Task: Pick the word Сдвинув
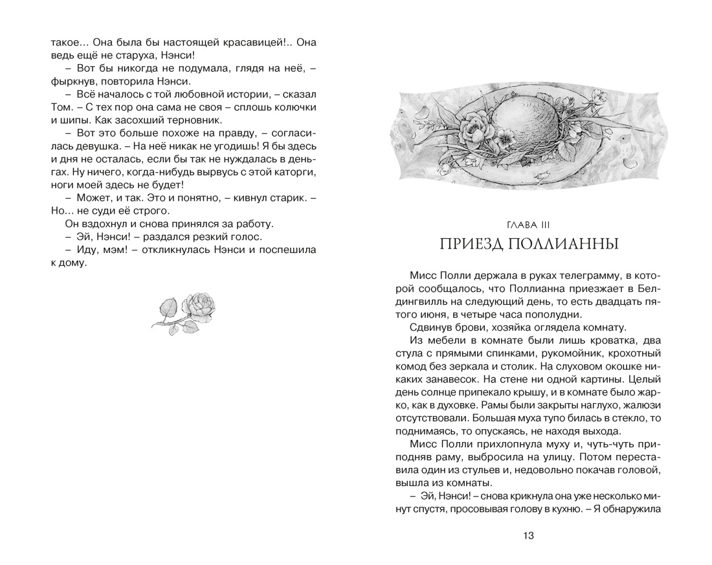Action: (x=433, y=327)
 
